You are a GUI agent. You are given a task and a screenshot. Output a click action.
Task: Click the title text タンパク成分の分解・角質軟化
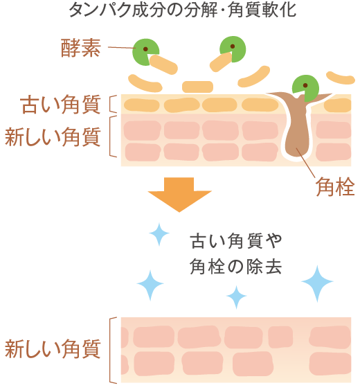click(x=183, y=10)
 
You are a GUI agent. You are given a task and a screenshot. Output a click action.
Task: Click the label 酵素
click(x=81, y=48)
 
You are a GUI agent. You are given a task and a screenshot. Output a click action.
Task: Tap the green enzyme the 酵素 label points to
click(x=144, y=51)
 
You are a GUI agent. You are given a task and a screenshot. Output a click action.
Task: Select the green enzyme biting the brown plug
click(x=306, y=87)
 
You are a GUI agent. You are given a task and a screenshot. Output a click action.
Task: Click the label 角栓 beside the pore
click(x=335, y=186)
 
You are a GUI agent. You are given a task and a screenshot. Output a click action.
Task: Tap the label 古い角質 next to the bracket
click(x=61, y=104)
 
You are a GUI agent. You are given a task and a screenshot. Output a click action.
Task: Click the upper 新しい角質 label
click(x=53, y=136)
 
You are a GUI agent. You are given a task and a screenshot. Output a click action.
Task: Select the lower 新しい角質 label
click(x=53, y=348)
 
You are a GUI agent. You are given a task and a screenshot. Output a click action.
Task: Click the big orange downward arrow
click(x=179, y=194)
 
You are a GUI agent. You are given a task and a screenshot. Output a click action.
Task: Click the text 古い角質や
click(x=235, y=241)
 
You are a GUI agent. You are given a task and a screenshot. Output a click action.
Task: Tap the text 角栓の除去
click(x=235, y=267)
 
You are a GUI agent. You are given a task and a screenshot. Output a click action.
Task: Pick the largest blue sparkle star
click(x=317, y=283)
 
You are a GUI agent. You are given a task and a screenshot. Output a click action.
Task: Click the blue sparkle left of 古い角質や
click(x=159, y=234)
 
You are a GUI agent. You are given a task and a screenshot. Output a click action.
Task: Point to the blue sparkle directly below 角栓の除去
click(x=237, y=297)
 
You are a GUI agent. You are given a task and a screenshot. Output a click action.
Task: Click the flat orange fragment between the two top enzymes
click(x=197, y=87)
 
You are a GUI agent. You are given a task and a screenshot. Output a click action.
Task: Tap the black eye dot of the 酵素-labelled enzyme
click(x=145, y=49)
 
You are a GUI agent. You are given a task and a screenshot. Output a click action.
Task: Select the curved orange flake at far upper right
click(x=341, y=78)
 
